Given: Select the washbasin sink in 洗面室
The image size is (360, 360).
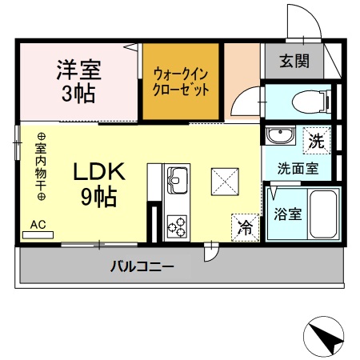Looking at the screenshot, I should pyautogui.click(x=280, y=136).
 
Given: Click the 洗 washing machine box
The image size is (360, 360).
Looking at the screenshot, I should pyautogui.click(x=317, y=142).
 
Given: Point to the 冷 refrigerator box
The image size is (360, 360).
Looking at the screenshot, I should pyautogui.click(x=246, y=226).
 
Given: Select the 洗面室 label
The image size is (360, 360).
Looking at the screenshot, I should pyautogui.click(x=298, y=169).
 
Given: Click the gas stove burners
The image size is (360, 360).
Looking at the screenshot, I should pyautogui.click(x=176, y=225).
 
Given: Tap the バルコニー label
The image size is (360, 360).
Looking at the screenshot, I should pyautogui.click(x=142, y=266).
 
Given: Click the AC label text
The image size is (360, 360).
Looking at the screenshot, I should pyautogui.click(x=38, y=225).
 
